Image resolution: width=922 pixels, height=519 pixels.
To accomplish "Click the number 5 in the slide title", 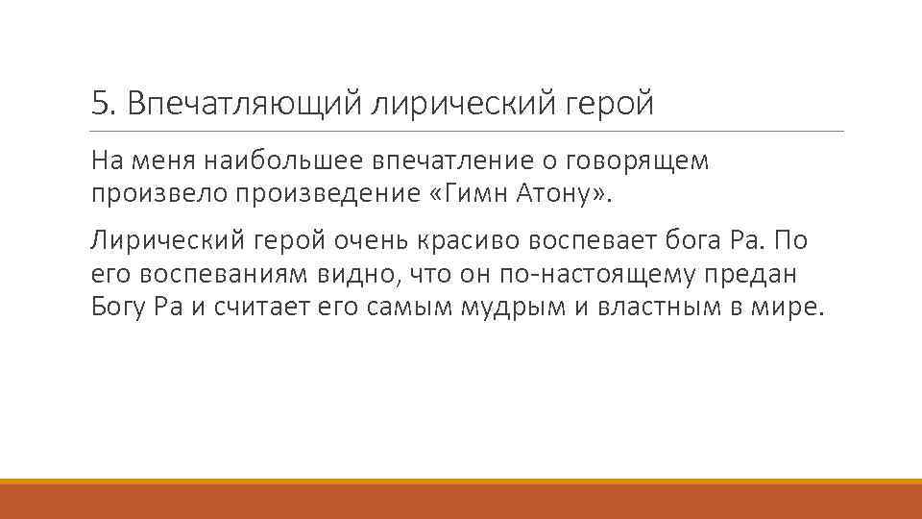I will [x=98, y=103].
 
